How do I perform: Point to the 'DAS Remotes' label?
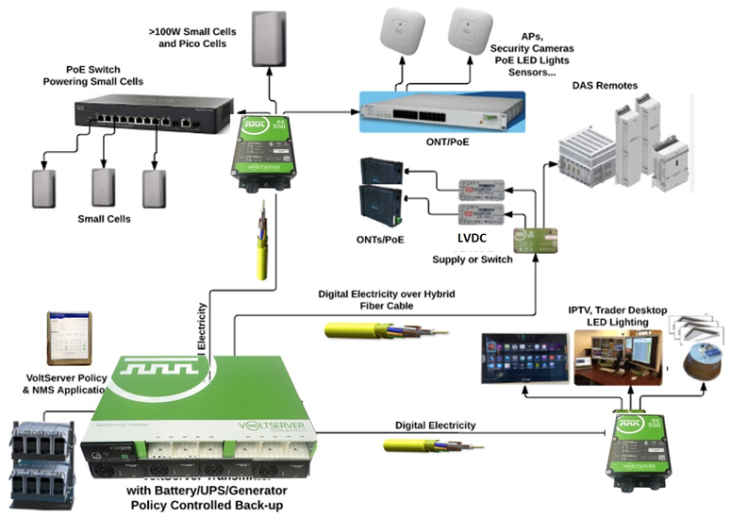click(605, 86)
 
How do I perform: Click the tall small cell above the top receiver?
click(274, 37)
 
